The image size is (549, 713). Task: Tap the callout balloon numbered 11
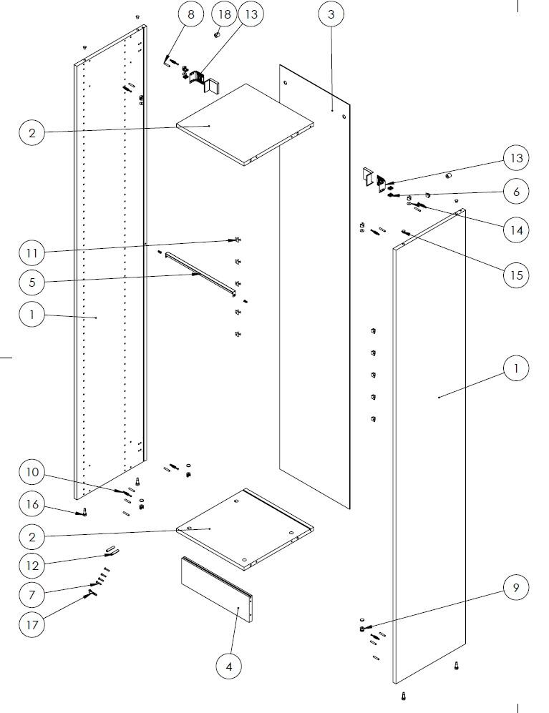pyautogui.click(x=32, y=252)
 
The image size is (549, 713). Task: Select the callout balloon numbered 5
pyautogui.click(x=32, y=282)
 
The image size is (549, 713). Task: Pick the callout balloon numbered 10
pyautogui.click(x=32, y=473)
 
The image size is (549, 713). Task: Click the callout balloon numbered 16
pyautogui.click(x=32, y=505)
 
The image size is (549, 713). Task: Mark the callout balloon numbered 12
pyautogui.click(x=32, y=566)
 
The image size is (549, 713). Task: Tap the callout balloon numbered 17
pyautogui.click(x=32, y=624)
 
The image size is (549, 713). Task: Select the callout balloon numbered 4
pyautogui.click(x=229, y=667)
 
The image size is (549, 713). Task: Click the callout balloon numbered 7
pyautogui.click(x=32, y=594)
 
